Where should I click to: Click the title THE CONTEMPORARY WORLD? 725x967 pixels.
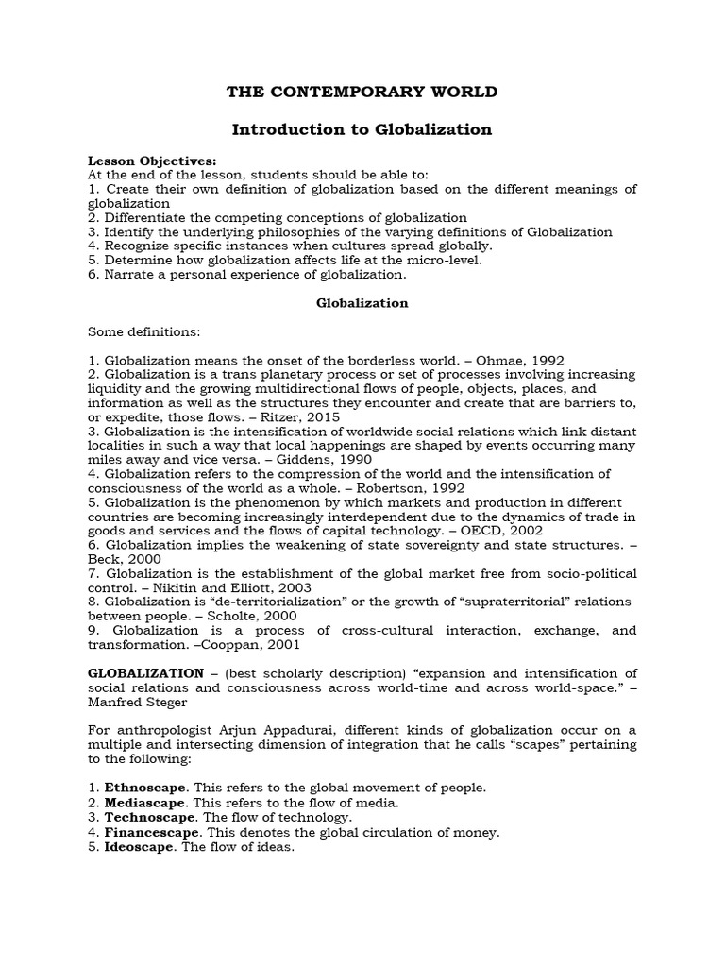click(x=362, y=92)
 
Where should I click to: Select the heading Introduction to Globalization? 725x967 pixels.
click(x=362, y=129)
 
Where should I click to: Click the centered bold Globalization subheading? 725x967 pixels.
click(x=362, y=303)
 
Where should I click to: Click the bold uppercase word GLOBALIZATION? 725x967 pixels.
click(x=145, y=673)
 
